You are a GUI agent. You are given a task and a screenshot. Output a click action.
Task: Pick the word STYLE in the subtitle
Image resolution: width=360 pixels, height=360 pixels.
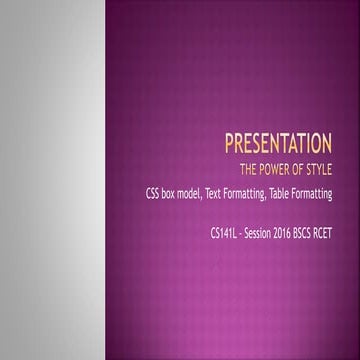pos(331,167)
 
